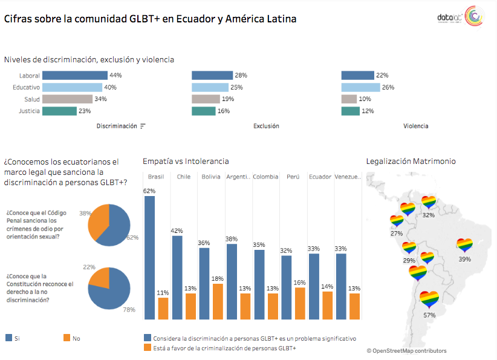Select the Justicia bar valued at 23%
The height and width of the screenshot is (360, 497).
(60, 111)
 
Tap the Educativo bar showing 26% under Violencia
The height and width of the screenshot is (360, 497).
(360, 87)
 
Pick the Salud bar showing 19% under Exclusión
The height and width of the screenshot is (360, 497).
(206, 99)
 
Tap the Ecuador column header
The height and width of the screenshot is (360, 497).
(320, 177)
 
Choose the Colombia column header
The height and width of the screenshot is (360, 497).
(265, 177)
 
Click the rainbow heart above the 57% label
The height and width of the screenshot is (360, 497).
(429, 298)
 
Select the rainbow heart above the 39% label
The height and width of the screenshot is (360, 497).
(464, 245)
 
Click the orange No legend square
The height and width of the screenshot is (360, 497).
(66, 338)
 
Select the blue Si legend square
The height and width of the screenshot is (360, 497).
(8, 338)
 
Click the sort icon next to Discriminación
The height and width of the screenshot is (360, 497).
(143, 126)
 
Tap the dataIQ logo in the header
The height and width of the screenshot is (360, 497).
(458, 19)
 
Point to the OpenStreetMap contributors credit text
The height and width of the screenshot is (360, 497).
(406, 350)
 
